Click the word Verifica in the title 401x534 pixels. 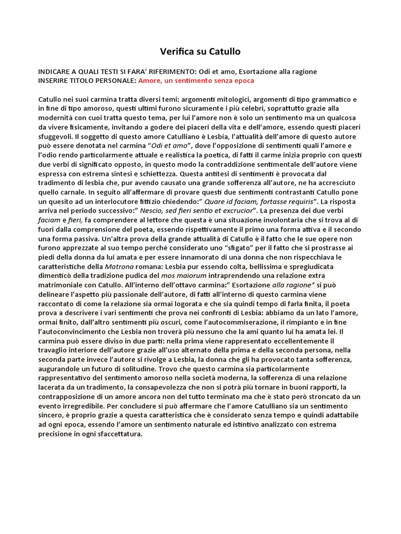(x=177, y=52)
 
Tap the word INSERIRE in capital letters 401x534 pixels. (x=54, y=80)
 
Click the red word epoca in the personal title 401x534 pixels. (x=243, y=80)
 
